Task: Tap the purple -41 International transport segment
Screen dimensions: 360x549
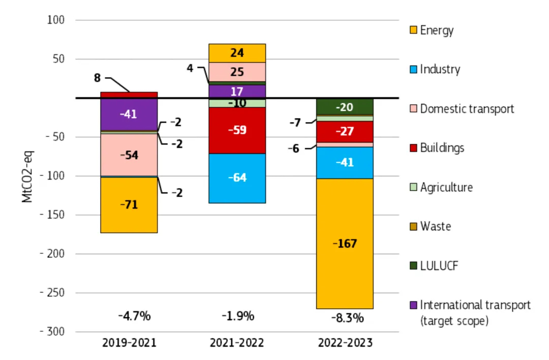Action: [129, 114]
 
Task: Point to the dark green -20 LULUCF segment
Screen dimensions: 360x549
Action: [345, 107]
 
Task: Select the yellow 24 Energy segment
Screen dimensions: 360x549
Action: [237, 53]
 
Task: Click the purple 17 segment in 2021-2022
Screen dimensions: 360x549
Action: [237, 92]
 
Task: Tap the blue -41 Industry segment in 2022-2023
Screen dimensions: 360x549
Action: [345, 163]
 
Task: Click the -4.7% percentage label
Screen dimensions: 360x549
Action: [134, 316]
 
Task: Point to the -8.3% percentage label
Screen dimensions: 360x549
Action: [347, 318]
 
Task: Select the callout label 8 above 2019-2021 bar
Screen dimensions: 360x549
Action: [97, 78]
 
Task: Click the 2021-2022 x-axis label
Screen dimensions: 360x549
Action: [237, 343]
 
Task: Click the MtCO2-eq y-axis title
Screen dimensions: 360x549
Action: [27, 175]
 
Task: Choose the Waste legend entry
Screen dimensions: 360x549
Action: [435, 226]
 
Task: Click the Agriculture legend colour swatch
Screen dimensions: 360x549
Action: [413, 187]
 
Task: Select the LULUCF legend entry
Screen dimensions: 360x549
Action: [438, 265]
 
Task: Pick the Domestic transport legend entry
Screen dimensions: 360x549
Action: [467, 109]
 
